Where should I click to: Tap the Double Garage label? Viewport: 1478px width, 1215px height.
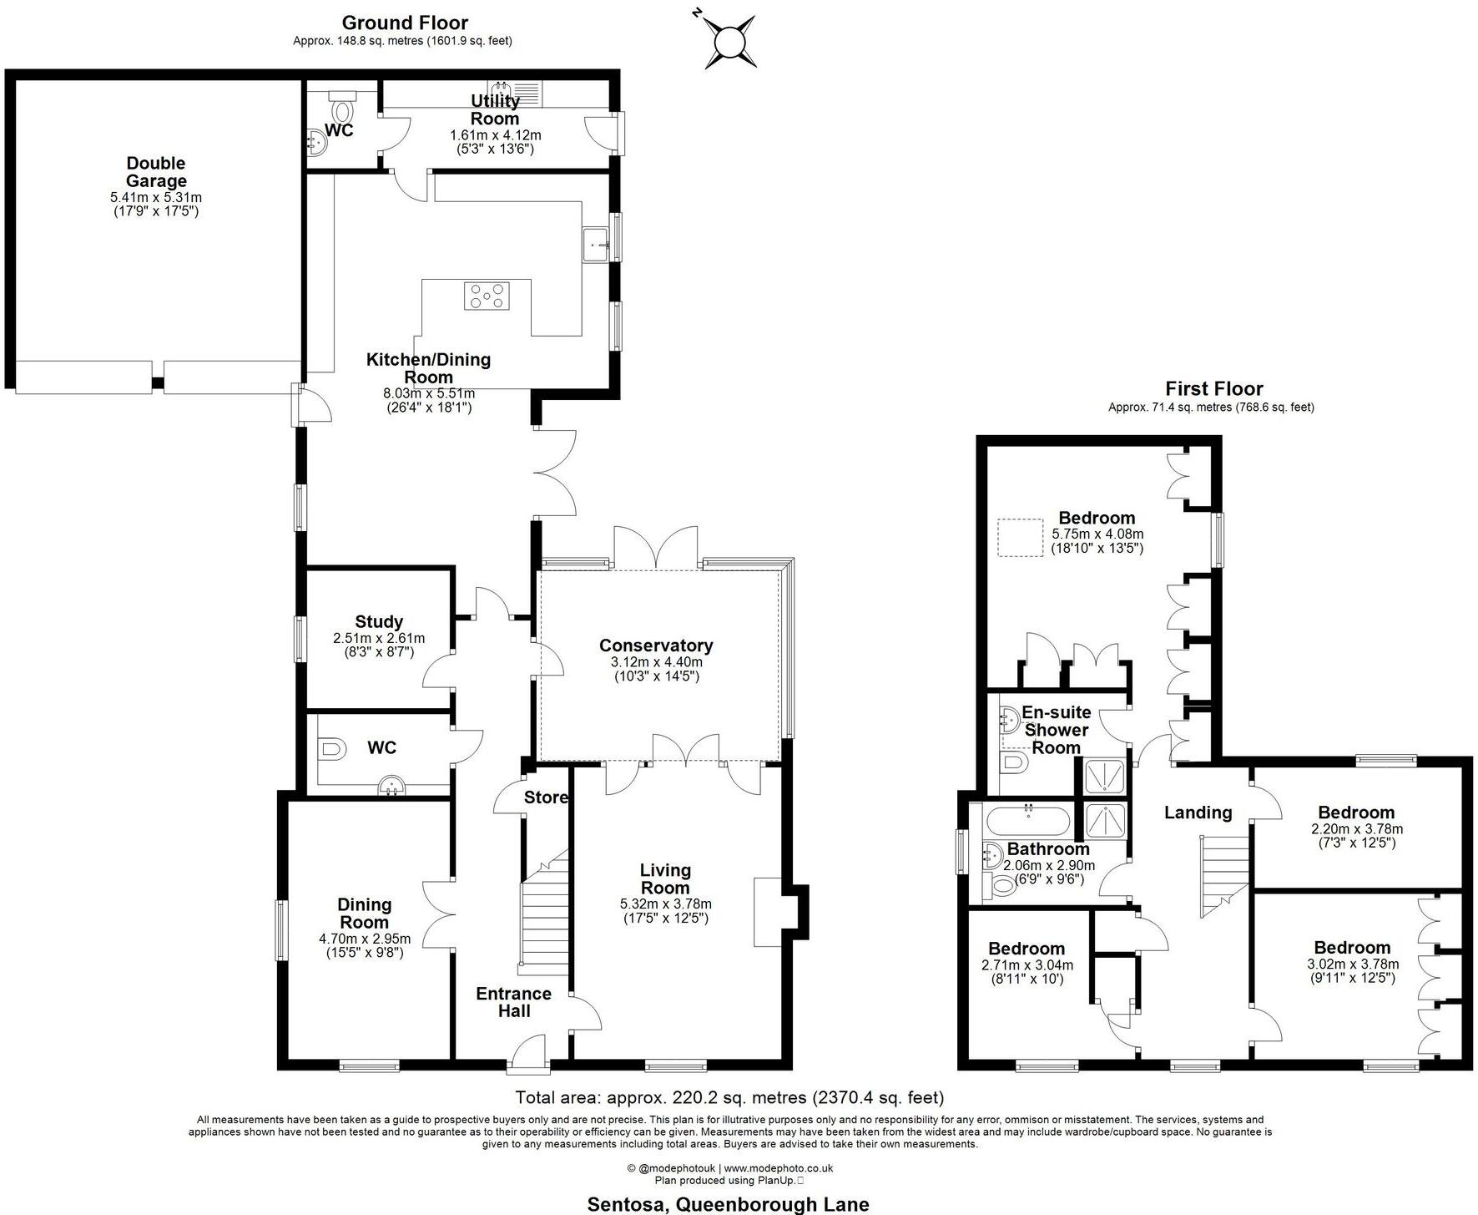(156, 172)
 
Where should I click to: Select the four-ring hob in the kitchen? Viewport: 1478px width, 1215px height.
(487, 296)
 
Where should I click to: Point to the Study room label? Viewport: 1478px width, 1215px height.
(379, 621)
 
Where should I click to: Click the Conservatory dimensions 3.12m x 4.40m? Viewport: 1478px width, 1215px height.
(656, 662)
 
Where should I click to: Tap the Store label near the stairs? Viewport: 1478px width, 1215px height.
(546, 797)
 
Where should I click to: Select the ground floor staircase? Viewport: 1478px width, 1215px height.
(544, 914)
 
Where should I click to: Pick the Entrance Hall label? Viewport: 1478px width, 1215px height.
(514, 1002)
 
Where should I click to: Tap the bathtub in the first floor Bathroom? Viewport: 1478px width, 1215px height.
(1027, 822)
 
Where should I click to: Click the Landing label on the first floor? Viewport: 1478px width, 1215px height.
(1198, 812)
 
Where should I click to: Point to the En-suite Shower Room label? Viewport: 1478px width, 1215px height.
(1057, 730)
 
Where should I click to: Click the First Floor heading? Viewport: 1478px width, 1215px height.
(1213, 388)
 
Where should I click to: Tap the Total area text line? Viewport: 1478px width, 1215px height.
(729, 1097)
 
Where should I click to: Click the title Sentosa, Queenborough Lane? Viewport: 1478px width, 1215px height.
(728, 1204)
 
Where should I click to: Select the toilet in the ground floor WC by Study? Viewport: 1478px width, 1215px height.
(332, 749)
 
